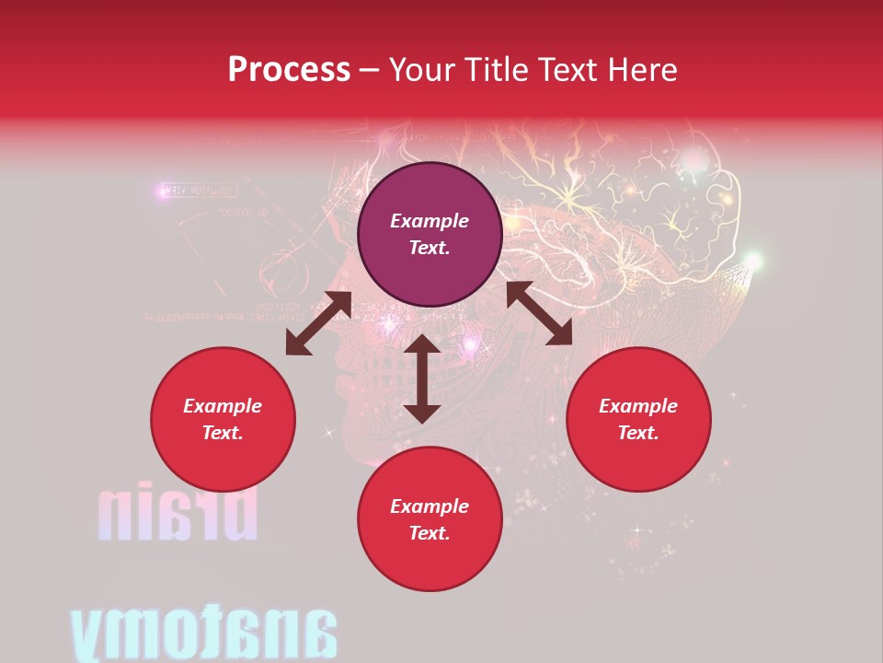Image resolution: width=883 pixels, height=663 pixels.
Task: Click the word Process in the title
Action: pyautogui.click(x=289, y=69)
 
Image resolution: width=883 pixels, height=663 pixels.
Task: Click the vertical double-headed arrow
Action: pyautogui.click(x=422, y=378)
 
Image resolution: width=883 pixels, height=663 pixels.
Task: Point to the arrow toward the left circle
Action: pyautogui.click(x=318, y=323)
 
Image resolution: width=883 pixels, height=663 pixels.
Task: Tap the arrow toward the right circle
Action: pyautogui.click(x=539, y=313)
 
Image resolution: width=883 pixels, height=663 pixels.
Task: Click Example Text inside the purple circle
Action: pyautogui.click(x=430, y=234)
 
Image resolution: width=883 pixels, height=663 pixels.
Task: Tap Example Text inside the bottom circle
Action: pyautogui.click(x=430, y=519)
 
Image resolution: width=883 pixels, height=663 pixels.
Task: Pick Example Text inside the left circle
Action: pyautogui.click(x=223, y=419)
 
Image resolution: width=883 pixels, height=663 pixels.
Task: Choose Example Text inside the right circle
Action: pyautogui.click(x=638, y=419)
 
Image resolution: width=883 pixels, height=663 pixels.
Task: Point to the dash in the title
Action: pyautogui.click(x=369, y=71)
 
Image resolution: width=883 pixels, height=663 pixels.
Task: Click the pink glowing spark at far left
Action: pyautogui.click(x=165, y=191)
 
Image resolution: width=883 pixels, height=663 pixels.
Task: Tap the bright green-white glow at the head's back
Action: pyautogui.click(x=753, y=262)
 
